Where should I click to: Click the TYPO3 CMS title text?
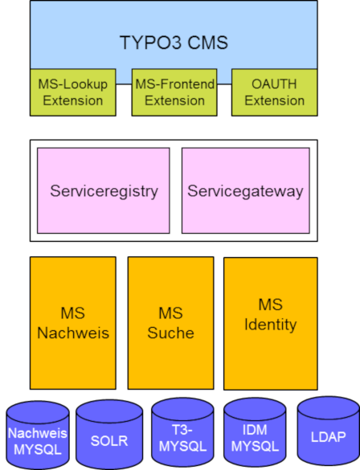point(174,43)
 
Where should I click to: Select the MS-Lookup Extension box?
point(73,92)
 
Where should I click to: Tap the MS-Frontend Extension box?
point(174,92)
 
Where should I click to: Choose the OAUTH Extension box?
point(275,92)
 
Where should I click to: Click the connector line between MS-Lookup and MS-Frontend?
point(124,84)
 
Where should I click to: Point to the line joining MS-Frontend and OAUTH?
point(224,84)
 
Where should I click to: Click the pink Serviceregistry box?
point(104,190)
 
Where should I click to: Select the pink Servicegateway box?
point(246,190)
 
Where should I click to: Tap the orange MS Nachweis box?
point(73,323)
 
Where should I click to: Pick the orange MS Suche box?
point(171,323)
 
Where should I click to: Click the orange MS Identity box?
point(271,324)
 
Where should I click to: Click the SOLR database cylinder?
point(109,434)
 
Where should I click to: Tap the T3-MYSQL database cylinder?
point(182,432)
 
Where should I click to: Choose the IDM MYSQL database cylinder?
point(255,432)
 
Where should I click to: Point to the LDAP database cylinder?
point(329,431)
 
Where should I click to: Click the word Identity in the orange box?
point(271,325)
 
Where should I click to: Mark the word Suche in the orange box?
point(171,333)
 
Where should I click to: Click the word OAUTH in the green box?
point(274,84)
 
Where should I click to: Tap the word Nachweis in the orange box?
point(73,333)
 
